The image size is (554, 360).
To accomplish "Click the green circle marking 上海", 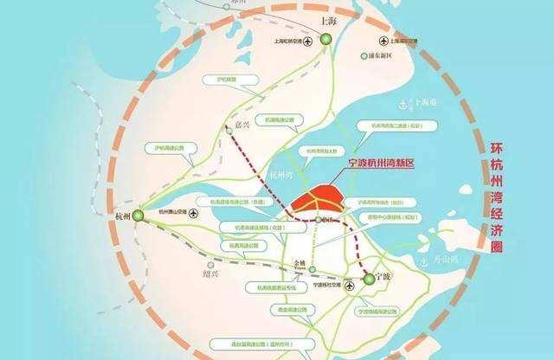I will point(325,39).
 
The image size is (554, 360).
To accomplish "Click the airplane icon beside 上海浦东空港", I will point(383,40).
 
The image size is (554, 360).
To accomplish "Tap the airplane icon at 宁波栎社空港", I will point(350,286).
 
